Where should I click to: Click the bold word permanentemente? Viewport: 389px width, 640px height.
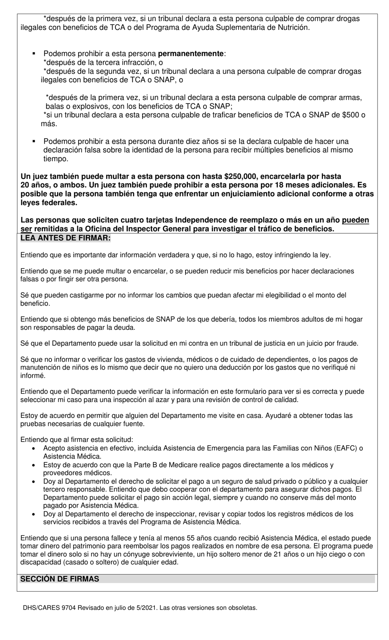[191, 54]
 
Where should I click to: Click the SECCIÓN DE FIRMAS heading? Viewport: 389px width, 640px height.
[59, 579]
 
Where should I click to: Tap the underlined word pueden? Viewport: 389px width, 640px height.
[355, 220]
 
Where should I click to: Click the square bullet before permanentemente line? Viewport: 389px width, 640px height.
[34, 54]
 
